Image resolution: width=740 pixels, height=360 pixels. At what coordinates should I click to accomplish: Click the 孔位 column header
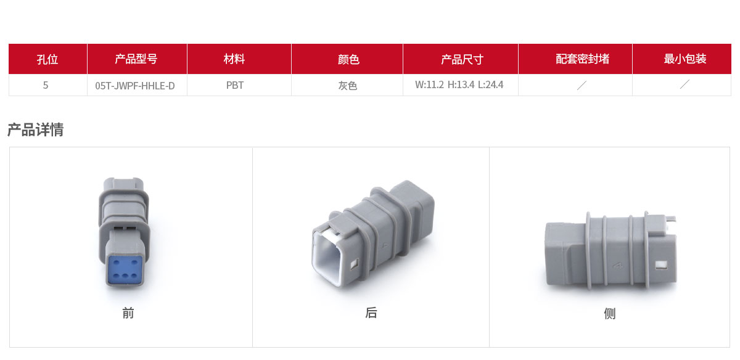coord(47,59)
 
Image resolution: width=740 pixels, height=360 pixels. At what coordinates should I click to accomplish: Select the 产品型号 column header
coord(136,59)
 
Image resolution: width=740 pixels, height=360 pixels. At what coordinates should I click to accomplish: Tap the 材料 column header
coord(234,59)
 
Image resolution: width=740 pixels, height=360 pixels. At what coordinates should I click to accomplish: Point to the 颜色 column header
coord(348,59)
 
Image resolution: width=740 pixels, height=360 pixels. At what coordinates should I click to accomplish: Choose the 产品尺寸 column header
coord(462,59)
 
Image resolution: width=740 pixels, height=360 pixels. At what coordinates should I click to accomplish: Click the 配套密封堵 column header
coord(582,59)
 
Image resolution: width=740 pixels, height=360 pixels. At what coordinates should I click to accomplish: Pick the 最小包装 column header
coord(685,59)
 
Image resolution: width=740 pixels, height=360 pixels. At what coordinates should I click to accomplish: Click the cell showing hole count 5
coord(46,85)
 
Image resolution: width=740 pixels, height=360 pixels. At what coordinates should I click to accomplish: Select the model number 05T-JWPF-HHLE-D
coord(135,86)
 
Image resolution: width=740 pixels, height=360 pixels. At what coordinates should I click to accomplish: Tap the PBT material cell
coord(235,85)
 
